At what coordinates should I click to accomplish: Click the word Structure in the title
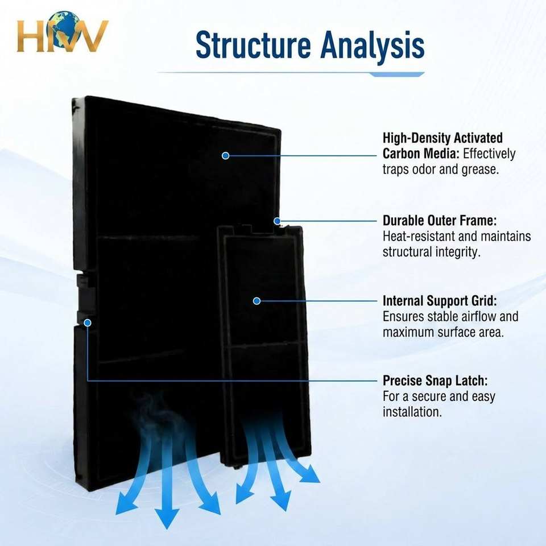pyautogui.click(x=253, y=45)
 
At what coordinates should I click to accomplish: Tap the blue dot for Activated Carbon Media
pyautogui.click(x=225, y=156)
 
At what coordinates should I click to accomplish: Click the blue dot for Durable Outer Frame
pyautogui.click(x=277, y=221)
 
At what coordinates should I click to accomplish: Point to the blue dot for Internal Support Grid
pyautogui.click(x=257, y=301)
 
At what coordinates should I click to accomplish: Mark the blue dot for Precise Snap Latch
pyautogui.click(x=88, y=323)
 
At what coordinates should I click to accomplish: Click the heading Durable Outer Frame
pyautogui.click(x=440, y=221)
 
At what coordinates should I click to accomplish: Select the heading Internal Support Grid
pyautogui.click(x=440, y=300)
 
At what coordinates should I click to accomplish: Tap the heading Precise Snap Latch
pyautogui.click(x=435, y=380)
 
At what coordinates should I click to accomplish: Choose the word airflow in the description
pyautogui.click(x=479, y=316)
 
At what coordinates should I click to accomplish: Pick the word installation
pyautogui.click(x=412, y=412)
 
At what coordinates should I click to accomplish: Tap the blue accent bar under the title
pyautogui.click(x=396, y=75)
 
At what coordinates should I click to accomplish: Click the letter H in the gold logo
pyautogui.click(x=31, y=36)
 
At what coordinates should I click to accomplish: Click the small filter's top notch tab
pyautogui.click(x=246, y=229)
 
